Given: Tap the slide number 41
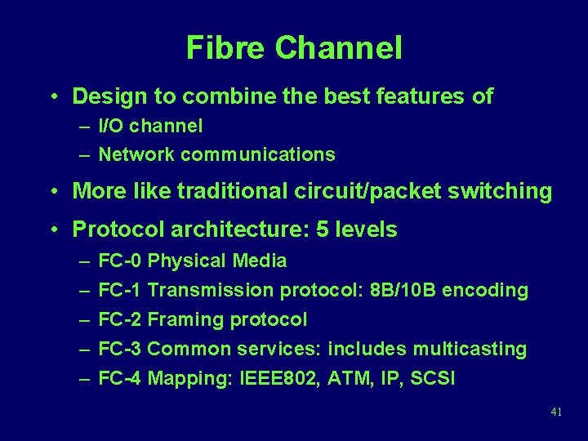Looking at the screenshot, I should coord(556,412).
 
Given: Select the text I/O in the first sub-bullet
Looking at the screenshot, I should coord(112,126).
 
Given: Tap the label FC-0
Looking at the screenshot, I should coord(120,261).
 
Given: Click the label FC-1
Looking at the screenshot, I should coord(120,290).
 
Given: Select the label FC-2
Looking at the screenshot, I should coord(120,319).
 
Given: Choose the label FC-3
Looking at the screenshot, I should coord(120,349).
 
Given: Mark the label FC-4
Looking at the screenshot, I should coord(120,378).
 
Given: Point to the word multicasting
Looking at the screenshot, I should coord(470,349).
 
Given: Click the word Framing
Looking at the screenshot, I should coord(187,319).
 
